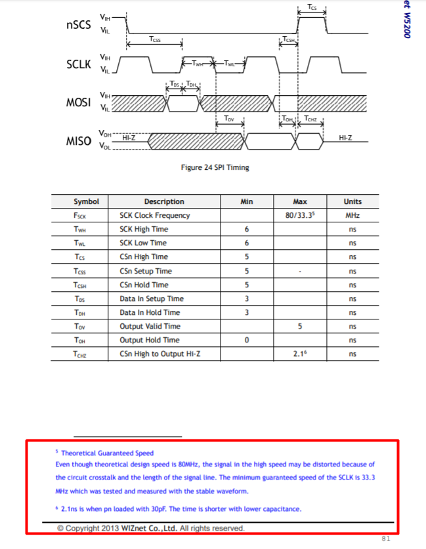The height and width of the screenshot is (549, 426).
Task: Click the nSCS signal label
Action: [x=79, y=25]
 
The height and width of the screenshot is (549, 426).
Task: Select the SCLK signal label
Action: [x=79, y=64]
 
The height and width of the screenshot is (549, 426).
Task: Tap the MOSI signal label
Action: [x=79, y=102]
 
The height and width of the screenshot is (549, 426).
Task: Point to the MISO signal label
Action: [x=79, y=141]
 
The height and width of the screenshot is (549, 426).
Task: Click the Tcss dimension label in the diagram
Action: [x=154, y=39]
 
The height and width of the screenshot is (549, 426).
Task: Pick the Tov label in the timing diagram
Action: [x=229, y=119]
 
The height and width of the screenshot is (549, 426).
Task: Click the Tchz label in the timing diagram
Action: [x=310, y=119]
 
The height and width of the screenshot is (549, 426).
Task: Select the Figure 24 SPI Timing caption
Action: [x=215, y=167]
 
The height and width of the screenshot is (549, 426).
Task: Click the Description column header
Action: [x=164, y=201]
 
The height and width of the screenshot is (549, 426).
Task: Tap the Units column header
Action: [x=352, y=201]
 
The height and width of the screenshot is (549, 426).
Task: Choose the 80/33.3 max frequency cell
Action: [x=300, y=215]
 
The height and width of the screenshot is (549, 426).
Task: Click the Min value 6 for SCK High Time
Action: [x=247, y=229]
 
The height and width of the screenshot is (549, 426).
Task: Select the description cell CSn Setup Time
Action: [x=146, y=271]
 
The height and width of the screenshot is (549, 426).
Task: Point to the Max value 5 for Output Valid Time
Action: [x=300, y=327]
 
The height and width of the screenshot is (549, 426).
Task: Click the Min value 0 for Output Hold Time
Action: [x=247, y=340]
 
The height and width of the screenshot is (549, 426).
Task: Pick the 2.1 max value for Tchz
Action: [x=300, y=354]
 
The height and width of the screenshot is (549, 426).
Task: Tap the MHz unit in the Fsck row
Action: [x=352, y=215]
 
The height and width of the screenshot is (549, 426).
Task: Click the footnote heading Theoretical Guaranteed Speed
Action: [x=107, y=453]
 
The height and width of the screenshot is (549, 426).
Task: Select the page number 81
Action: [x=386, y=539]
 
